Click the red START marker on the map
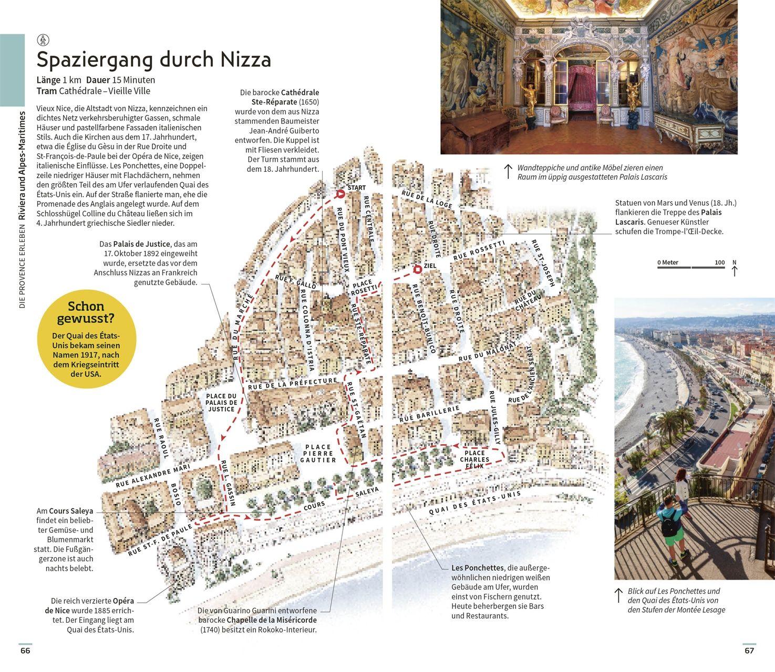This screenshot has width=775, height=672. [340, 194]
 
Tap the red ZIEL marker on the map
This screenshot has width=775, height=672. [417, 269]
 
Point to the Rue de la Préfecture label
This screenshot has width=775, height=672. [292, 383]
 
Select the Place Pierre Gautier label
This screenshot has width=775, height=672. [318, 453]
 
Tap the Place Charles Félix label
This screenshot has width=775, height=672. [475, 459]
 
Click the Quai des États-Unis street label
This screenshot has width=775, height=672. [475, 504]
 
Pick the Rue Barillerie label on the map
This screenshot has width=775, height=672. [429, 413]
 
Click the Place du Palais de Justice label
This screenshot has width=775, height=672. [221, 403]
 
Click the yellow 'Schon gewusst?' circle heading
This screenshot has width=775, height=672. [87, 312]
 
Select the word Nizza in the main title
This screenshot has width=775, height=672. [245, 59]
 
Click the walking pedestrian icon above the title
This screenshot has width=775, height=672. [43, 39]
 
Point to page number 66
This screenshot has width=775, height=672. [25, 651]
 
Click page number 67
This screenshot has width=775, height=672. [749, 651]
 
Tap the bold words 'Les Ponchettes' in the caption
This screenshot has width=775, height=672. [477, 568]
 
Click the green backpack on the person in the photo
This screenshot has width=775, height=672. [670, 527]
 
